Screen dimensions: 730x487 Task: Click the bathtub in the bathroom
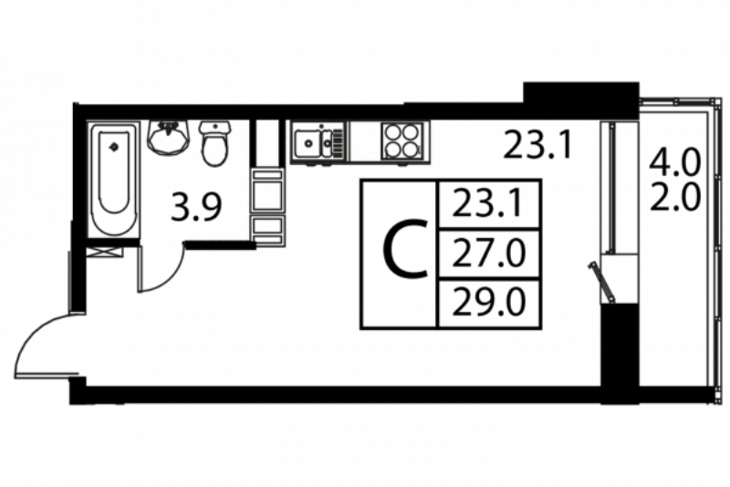click(114, 179)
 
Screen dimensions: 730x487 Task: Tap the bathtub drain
click(113, 148)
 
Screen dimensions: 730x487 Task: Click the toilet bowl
click(214, 142)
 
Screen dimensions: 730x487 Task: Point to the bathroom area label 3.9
click(195, 208)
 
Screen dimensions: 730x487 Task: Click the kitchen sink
click(318, 142)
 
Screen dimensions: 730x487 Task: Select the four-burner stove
click(403, 141)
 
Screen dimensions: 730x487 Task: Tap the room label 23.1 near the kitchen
click(537, 144)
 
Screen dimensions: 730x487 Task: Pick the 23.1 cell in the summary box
click(488, 204)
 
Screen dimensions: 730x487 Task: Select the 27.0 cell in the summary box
click(488, 254)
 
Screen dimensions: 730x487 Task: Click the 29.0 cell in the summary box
click(488, 304)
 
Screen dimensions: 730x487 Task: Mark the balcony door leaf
click(602, 282)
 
